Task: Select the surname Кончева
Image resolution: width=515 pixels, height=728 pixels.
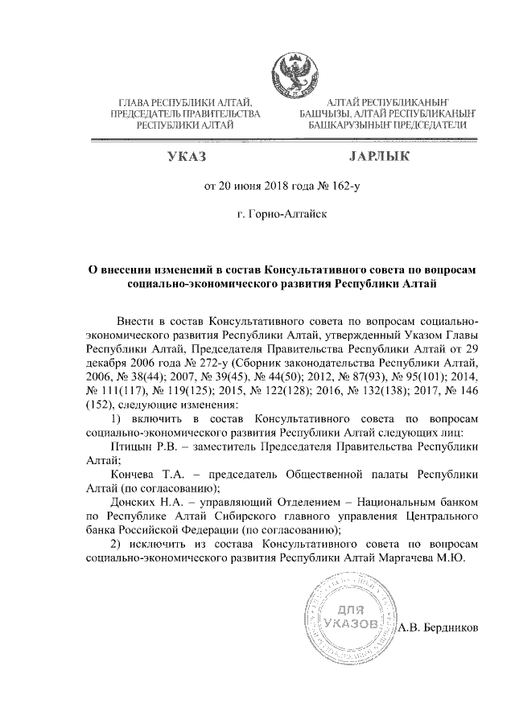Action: click(x=135, y=475)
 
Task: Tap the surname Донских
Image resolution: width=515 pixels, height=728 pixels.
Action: click(x=135, y=503)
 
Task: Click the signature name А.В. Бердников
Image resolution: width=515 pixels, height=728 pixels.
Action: click(x=439, y=627)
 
